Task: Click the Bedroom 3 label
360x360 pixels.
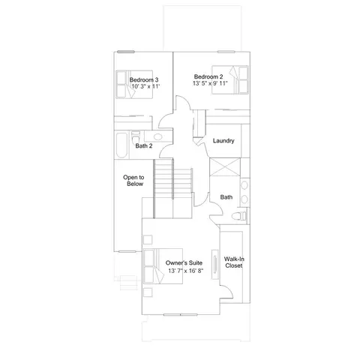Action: (144, 80)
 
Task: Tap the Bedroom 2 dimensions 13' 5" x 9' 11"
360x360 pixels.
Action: (210, 83)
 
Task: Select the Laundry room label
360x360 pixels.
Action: (223, 141)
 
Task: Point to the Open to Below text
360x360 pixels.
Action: (133, 181)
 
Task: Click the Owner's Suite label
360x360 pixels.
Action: (184, 262)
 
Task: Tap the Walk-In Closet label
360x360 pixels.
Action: (234, 262)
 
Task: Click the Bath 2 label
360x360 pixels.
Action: (144, 145)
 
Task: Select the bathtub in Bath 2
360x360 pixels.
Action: (121, 145)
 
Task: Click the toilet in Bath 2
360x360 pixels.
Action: (136, 136)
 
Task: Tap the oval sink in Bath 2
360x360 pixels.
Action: (157, 136)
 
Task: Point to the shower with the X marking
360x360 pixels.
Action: (225, 167)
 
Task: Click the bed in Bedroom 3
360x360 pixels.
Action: (134, 85)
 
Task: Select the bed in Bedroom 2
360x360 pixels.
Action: (230, 80)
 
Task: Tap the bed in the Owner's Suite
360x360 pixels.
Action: (163, 266)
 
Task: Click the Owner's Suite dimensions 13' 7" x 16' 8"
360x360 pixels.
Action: (186, 271)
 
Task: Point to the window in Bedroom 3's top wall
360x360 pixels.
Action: (126, 52)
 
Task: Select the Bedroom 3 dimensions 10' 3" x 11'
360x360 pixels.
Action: (145, 86)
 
